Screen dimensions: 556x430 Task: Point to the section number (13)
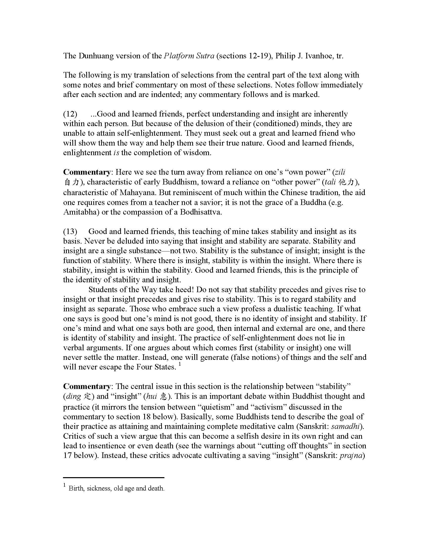click(x=70, y=231)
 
